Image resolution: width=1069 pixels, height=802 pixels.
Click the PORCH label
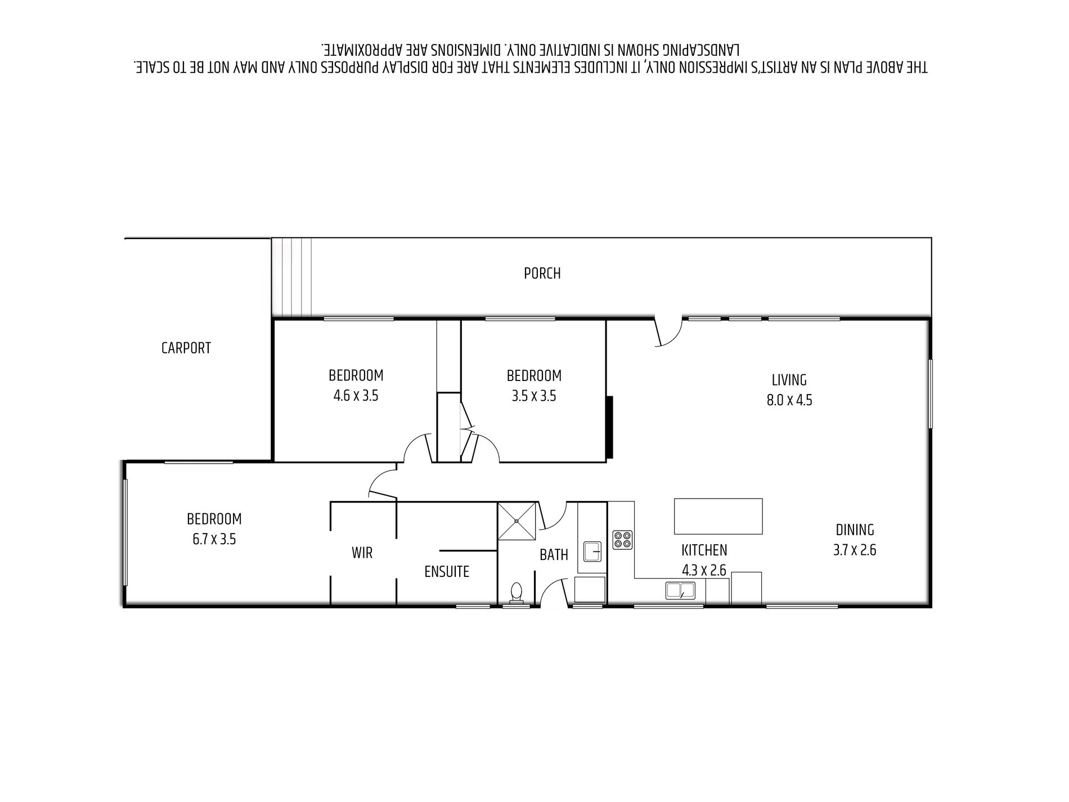pos(542,274)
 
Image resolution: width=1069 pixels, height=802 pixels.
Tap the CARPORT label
pos(186,348)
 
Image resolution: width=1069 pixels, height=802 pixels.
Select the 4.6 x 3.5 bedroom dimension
pos(356,396)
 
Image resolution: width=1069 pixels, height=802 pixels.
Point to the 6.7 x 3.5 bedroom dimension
pos(214,539)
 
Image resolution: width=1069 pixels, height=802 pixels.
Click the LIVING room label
pos(789,380)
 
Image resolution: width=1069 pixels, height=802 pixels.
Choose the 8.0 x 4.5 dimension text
pos(789,400)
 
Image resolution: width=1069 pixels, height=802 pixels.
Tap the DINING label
pos(855,530)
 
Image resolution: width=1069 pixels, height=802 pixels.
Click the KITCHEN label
pos(704,550)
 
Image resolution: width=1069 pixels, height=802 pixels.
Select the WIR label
pos(362,553)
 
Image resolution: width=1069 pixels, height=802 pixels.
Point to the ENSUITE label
pos(447,572)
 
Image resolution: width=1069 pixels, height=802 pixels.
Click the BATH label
pos(554,555)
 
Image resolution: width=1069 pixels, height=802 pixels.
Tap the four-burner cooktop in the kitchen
pos(622,540)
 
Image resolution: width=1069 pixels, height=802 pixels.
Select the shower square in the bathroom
pos(517,521)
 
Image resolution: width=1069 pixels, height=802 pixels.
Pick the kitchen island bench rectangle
pos(718,516)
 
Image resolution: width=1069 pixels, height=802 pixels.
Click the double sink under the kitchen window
pos(680,590)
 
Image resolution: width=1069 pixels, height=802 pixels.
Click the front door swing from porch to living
pos(668,333)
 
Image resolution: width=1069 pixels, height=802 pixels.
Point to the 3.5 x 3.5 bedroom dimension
pos(533,396)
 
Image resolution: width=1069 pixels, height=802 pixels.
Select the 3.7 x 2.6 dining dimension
pos(855,550)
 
